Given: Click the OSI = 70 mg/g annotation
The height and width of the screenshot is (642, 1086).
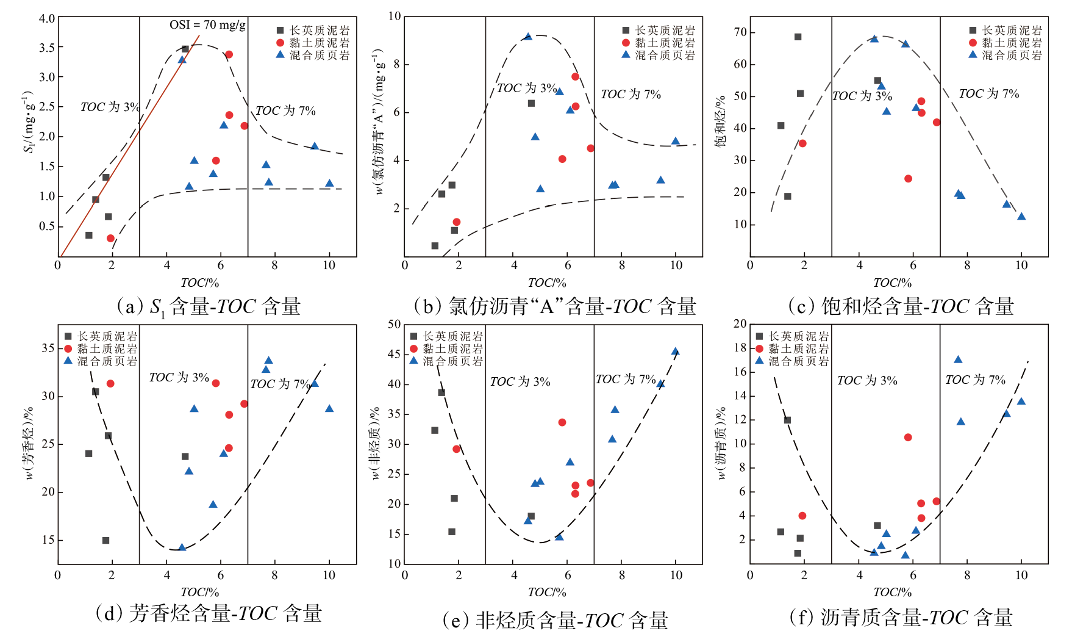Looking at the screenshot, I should coord(207,25).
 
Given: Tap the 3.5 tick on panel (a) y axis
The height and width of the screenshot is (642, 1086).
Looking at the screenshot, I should coord(47,48).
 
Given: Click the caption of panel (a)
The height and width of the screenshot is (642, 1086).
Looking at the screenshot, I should coord(209,306).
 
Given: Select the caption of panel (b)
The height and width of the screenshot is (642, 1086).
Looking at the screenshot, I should coord(554,306).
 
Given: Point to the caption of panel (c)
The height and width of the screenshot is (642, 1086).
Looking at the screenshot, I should coord(901,306).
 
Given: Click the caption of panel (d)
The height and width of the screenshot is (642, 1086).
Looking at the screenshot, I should coord(209,613).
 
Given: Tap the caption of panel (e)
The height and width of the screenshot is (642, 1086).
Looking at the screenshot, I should coord(554,621).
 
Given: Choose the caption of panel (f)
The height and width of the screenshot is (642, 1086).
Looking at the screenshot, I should coord(901,618).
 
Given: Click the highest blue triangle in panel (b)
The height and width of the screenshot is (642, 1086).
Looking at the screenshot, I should coord(528,37).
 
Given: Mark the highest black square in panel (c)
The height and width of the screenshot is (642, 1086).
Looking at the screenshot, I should coord(798,37).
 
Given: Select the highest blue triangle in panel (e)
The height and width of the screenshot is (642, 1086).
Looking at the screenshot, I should coord(676,352).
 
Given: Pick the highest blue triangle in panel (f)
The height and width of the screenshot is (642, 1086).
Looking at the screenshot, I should coord(958,359).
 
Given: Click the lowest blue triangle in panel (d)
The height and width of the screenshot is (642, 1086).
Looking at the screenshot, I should coord(182,547).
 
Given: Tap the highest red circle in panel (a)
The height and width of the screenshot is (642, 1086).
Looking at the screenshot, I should coord(229,54).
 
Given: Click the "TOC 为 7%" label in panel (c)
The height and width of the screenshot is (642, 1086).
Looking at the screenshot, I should coord(988,93).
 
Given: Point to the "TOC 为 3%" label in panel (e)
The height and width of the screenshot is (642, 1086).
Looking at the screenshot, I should coord(520,381).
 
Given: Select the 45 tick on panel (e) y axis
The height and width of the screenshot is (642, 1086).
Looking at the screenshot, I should coord(395,354).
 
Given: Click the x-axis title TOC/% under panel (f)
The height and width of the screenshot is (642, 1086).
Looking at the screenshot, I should coord(892,591).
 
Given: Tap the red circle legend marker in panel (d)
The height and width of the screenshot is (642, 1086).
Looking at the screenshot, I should coord(68,348).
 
